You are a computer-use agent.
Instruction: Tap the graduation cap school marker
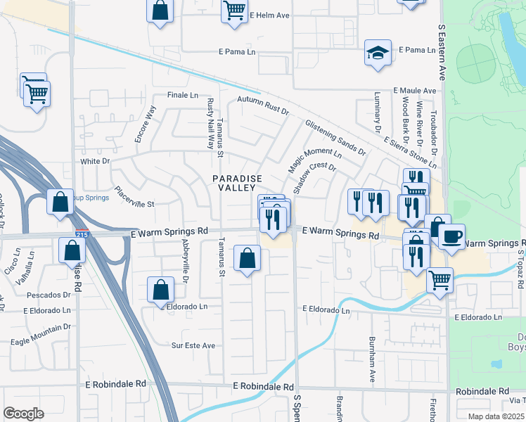(x=378, y=53)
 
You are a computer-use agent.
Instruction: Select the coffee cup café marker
(x=452, y=236)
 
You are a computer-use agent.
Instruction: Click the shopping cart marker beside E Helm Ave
(x=234, y=11)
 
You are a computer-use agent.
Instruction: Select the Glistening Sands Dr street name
(x=335, y=137)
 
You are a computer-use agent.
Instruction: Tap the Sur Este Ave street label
(x=193, y=345)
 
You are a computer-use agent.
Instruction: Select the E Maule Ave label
(x=416, y=91)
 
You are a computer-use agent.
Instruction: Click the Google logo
(x=24, y=413)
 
